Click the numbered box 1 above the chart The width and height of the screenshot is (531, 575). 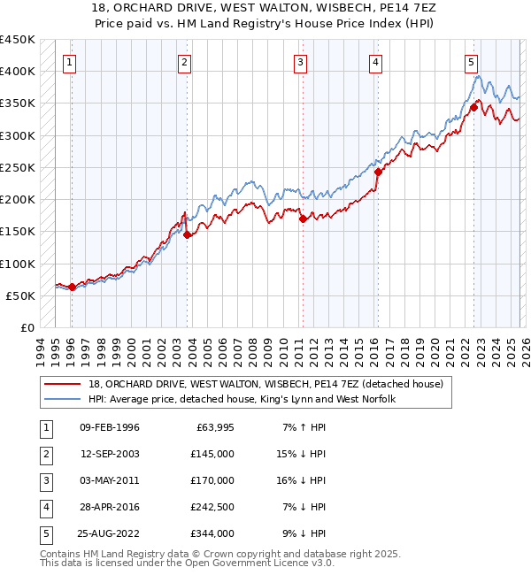pos(69,62)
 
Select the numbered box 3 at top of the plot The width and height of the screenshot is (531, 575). pos(301,62)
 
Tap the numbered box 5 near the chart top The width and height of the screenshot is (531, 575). pos(471,62)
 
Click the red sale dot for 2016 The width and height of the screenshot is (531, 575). pos(378,172)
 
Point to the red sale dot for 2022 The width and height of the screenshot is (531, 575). pos(473,107)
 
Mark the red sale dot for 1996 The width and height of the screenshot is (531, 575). pos(72,287)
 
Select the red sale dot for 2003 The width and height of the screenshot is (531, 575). pos(187,234)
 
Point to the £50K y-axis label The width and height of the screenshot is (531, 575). pos(20,295)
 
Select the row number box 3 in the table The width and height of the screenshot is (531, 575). pos(44,481)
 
